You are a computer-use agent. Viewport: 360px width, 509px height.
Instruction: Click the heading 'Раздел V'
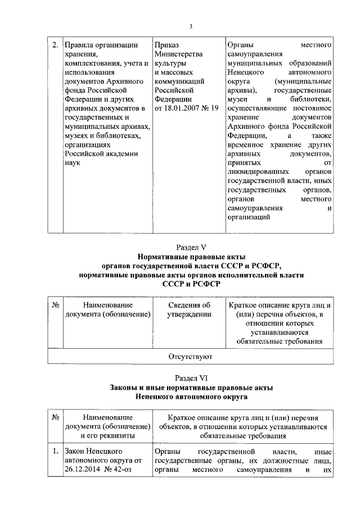click(191, 246)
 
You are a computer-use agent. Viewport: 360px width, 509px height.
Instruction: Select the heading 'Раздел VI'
click(191, 379)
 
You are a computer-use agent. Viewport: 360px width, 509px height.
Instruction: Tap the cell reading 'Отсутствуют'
click(191, 356)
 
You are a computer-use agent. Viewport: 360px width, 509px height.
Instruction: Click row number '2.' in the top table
click(55, 45)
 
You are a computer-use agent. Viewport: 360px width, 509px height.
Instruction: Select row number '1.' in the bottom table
click(55, 452)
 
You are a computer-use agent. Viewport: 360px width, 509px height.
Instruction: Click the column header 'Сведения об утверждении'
click(188, 309)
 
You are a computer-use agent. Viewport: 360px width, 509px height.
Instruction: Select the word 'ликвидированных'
click(254, 171)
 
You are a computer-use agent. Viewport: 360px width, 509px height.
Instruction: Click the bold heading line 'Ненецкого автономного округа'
click(191, 397)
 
